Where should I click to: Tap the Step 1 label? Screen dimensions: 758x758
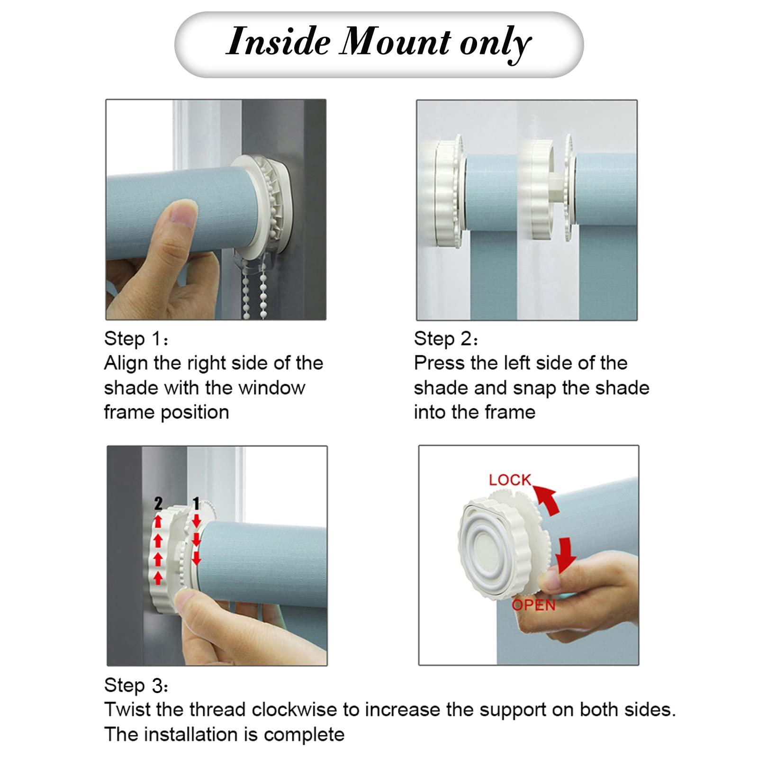tap(136, 339)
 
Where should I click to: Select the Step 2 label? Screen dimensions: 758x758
tap(446, 339)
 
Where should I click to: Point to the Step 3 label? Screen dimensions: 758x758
tap(136, 686)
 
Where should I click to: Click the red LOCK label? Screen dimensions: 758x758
tap(510, 480)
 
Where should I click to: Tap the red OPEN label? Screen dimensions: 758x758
tap(533, 605)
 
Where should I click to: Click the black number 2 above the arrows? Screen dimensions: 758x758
tap(158, 504)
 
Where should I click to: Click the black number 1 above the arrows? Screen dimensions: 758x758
tap(196, 504)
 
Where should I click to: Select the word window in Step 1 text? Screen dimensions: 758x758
tap(272, 388)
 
